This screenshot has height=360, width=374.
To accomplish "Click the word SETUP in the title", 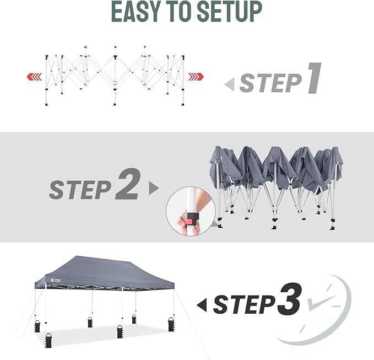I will pyautogui.click(x=232, y=12).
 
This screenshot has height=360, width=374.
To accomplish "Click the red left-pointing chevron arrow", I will pyautogui.click(x=33, y=76).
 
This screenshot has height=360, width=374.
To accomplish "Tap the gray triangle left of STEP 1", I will pyautogui.click(x=230, y=84).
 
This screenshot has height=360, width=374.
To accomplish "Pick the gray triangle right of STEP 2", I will pyautogui.click(x=153, y=189).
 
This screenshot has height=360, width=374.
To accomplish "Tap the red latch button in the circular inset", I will pyautogui.click(x=188, y=219).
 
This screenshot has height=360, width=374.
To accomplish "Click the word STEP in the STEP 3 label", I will pyautogui.click(x=244, y=304).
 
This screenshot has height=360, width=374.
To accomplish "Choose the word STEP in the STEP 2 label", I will pyautogui.click(x=79, y=190).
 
